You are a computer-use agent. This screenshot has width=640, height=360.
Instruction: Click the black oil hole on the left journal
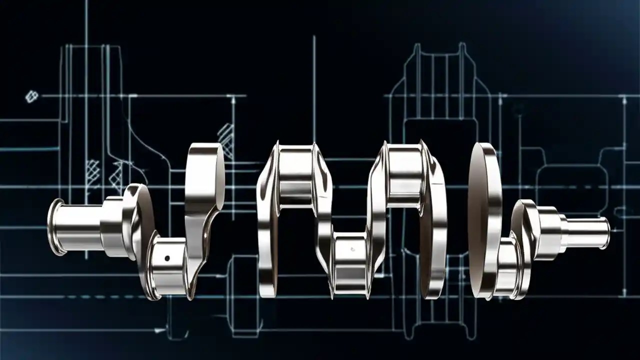tap(167, 258)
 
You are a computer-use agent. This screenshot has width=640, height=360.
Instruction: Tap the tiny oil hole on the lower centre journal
tap(352, 248)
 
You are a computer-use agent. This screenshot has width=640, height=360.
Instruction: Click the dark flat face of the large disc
tap(477, 220)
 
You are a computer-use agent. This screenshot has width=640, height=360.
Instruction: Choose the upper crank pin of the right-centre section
tap(404, 170)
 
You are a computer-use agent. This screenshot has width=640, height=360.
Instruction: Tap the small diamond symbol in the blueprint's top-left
tap(31, 95)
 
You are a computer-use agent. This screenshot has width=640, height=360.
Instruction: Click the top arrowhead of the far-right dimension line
tap(624, 100)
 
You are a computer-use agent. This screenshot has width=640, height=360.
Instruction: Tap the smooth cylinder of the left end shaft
tap(80, 227)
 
